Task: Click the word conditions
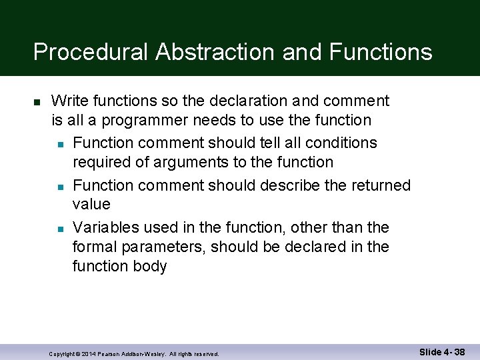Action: [x=340, y=143]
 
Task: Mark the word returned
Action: [x=380, y=185]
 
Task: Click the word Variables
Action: [x=104, y=227]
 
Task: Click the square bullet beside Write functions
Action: [x=37, y=102]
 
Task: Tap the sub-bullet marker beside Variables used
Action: [x=60, y=229]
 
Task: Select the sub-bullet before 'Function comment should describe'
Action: [x=60, y=186]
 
